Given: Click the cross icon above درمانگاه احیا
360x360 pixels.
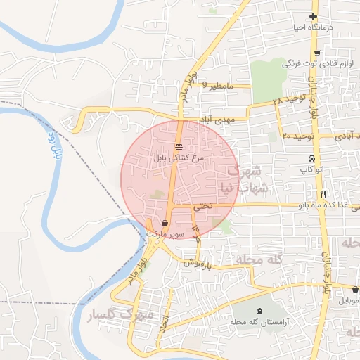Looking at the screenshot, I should coord(313,16).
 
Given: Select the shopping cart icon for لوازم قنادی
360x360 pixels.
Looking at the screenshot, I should coord(317,53).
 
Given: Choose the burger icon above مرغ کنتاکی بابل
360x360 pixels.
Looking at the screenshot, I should coord(179,147).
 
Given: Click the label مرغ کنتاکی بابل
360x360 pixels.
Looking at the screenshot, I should coord(179,159).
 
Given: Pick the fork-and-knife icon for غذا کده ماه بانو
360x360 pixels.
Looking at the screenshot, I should coord(323,193).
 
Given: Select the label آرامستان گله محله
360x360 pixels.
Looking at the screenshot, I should coord(261,321).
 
